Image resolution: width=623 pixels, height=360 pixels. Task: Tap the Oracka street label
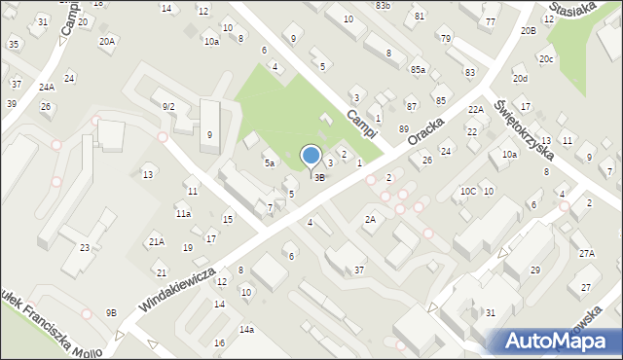(426, 134)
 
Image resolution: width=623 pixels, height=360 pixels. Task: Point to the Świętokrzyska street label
(524, 128)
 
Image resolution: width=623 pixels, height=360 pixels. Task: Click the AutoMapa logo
(554, 340)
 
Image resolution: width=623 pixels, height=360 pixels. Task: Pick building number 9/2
(168, 106)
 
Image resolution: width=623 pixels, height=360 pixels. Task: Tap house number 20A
(107, 42)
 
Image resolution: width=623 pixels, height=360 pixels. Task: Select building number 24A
(47, 88)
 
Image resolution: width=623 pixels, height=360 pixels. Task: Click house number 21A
(156, 240)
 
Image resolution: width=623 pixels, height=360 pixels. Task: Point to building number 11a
(183, 213)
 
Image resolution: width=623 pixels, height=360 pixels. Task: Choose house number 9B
(111, 312)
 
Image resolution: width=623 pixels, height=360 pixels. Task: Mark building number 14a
(247, 330)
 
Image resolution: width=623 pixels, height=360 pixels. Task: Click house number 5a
(270, 163)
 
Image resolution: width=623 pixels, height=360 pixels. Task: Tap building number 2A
(370, 220)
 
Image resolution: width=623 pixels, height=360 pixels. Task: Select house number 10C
(468, 191)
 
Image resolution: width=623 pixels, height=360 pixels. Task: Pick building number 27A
(586, 253)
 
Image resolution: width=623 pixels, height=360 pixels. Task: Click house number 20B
(528, 31)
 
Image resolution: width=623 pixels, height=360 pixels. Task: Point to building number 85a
(418, 70)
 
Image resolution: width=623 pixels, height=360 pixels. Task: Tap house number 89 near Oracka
(404, 128)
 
